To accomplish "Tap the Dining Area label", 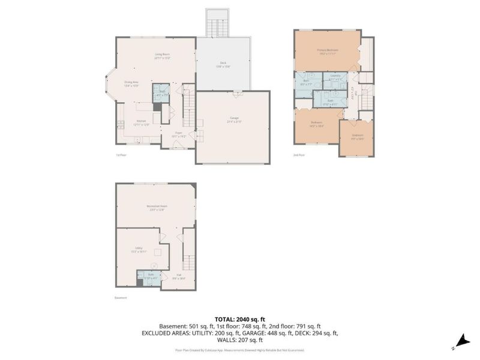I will (131, 83).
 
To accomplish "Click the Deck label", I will (223, 64).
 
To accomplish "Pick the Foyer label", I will (178, 134).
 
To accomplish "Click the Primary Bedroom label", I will (328, 50).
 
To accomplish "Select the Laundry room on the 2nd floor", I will (336, 78).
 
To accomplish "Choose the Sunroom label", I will (357, 136).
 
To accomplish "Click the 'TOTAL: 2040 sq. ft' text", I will (240, 319).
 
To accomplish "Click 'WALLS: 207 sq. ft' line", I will (240, 340).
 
